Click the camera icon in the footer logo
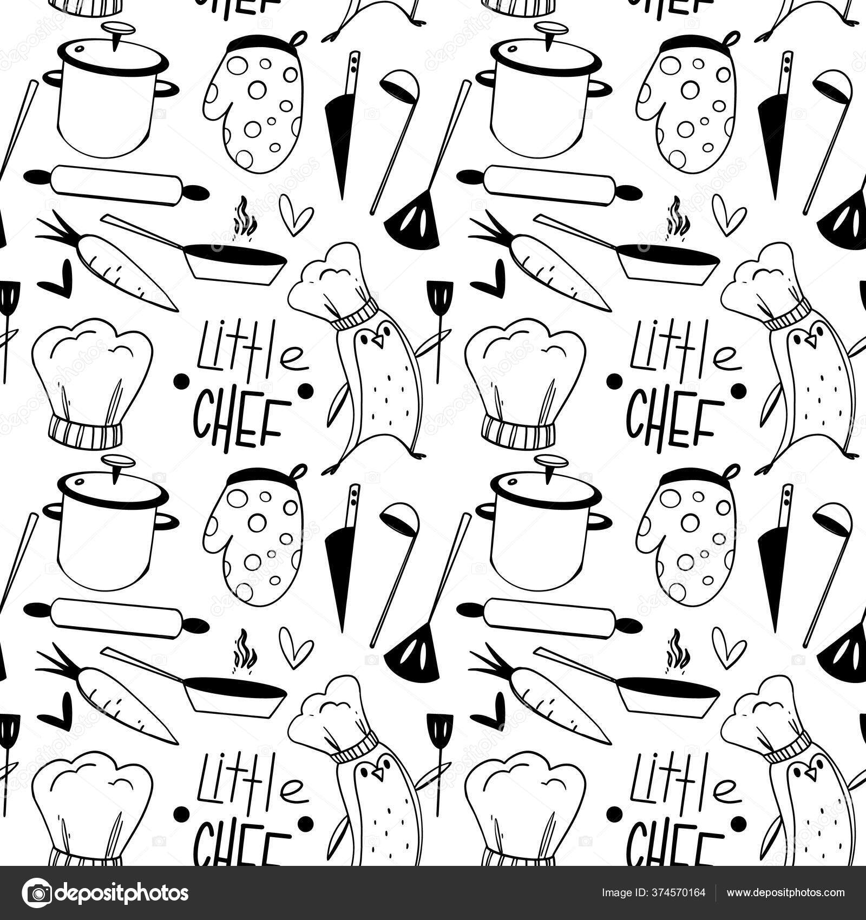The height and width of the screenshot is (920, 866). point(38,892)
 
